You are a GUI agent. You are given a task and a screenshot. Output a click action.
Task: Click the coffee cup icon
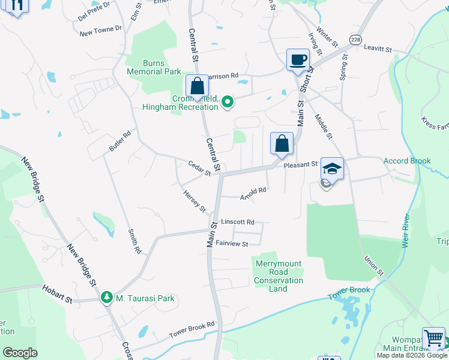[297, 60]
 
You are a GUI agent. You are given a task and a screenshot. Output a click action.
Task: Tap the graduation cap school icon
[331, 167]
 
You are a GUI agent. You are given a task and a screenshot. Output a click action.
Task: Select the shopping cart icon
[433, 338]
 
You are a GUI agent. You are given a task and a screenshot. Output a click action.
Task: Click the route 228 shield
[356, 38]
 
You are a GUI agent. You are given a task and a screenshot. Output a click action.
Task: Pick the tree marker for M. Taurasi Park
[107, 298]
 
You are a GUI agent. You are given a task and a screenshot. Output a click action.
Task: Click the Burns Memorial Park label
[154, 67]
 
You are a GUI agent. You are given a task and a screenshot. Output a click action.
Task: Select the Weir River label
[406, 227]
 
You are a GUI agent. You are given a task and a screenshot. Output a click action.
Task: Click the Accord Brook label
[408, 161]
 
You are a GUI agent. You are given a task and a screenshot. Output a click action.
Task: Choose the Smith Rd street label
[134, 241]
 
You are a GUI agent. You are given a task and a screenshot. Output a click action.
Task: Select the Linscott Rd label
[238, 221]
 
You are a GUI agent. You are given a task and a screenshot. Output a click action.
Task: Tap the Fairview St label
[232, 244]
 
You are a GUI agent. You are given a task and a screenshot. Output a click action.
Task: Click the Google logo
[20, 353]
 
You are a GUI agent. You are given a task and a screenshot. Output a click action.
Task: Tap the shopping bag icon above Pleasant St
[282, 143]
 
